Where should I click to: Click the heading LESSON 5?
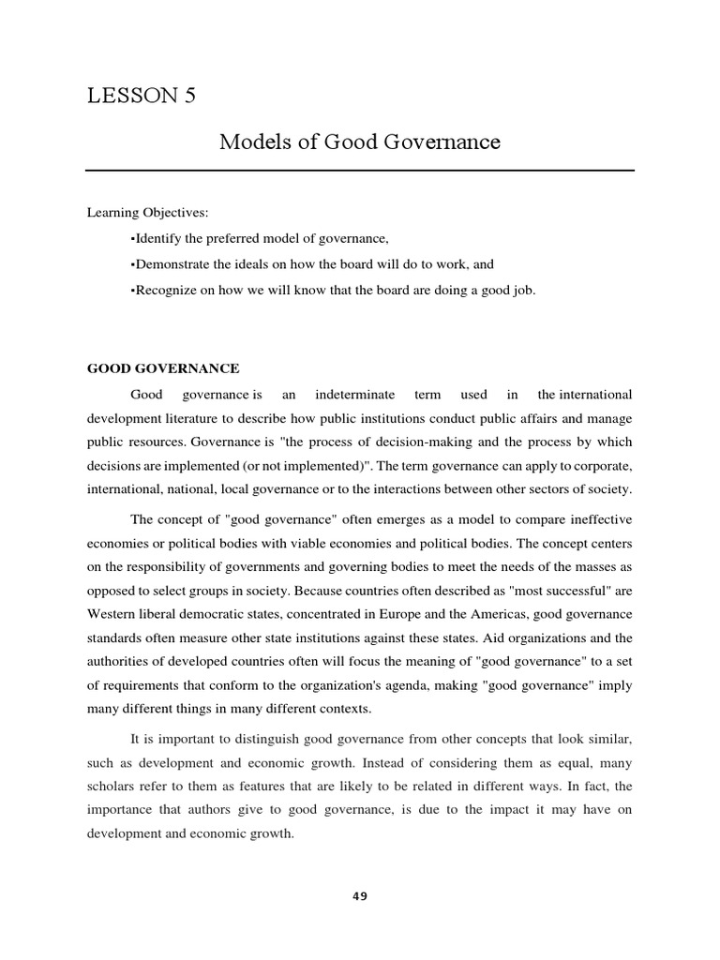point(141,96)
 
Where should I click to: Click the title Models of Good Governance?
point(360,142)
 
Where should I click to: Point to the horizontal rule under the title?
point(360,171)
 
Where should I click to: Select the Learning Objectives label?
point(148,214)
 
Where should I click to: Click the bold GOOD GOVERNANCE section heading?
point(163,368)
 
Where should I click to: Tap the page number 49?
point(360,896)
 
